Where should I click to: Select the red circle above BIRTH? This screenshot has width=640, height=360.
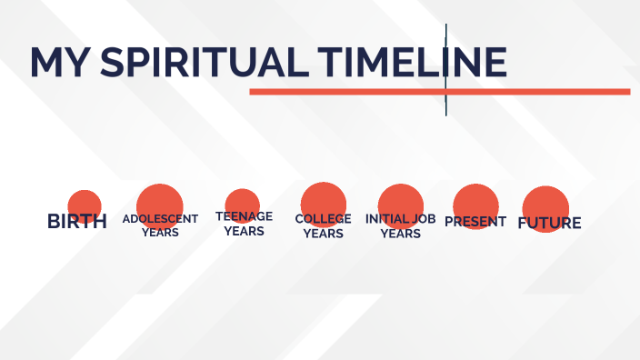tap(85, 202)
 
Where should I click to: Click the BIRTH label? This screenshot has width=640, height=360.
tap(77, 221)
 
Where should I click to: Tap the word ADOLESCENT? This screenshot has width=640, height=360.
tap(160, 219)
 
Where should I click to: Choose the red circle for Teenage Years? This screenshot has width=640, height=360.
tap(242, 201)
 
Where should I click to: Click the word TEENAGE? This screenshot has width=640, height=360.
tap(244, 216)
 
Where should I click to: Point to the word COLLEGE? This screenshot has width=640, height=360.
tap(324, 219)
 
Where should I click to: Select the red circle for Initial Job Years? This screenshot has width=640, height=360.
tap(401, 200)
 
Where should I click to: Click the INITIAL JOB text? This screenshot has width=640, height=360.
tap(401, 219)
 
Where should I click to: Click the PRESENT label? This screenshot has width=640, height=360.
tap(475, 221)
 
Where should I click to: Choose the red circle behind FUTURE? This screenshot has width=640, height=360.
tap(546, 205)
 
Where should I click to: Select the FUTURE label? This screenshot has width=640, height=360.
tap(549, 223)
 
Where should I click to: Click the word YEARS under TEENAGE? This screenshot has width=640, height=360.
tap(244, 231)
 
